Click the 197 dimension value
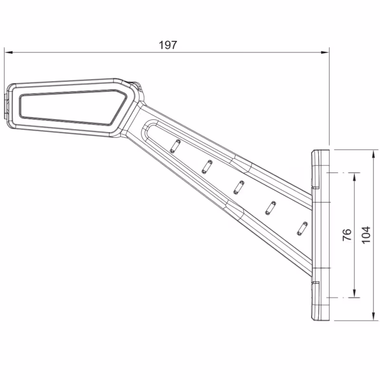(168, 45)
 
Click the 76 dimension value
(347, 235)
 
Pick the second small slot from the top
(207, 166)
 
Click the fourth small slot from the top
(271, 207)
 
